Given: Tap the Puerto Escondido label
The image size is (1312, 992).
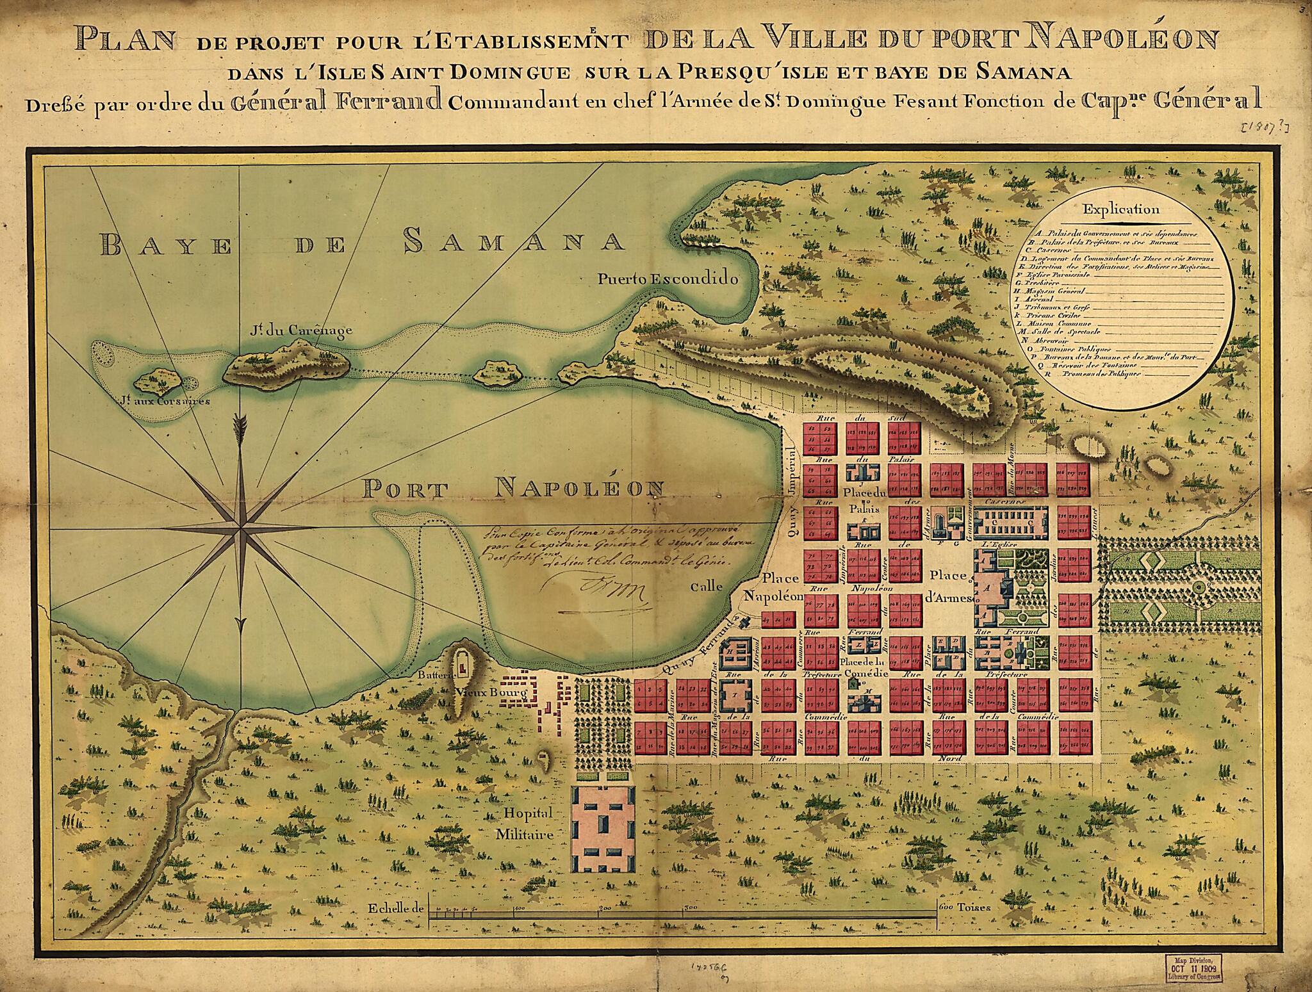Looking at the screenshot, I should [668, 279].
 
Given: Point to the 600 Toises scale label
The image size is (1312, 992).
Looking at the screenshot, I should [966, 907].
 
